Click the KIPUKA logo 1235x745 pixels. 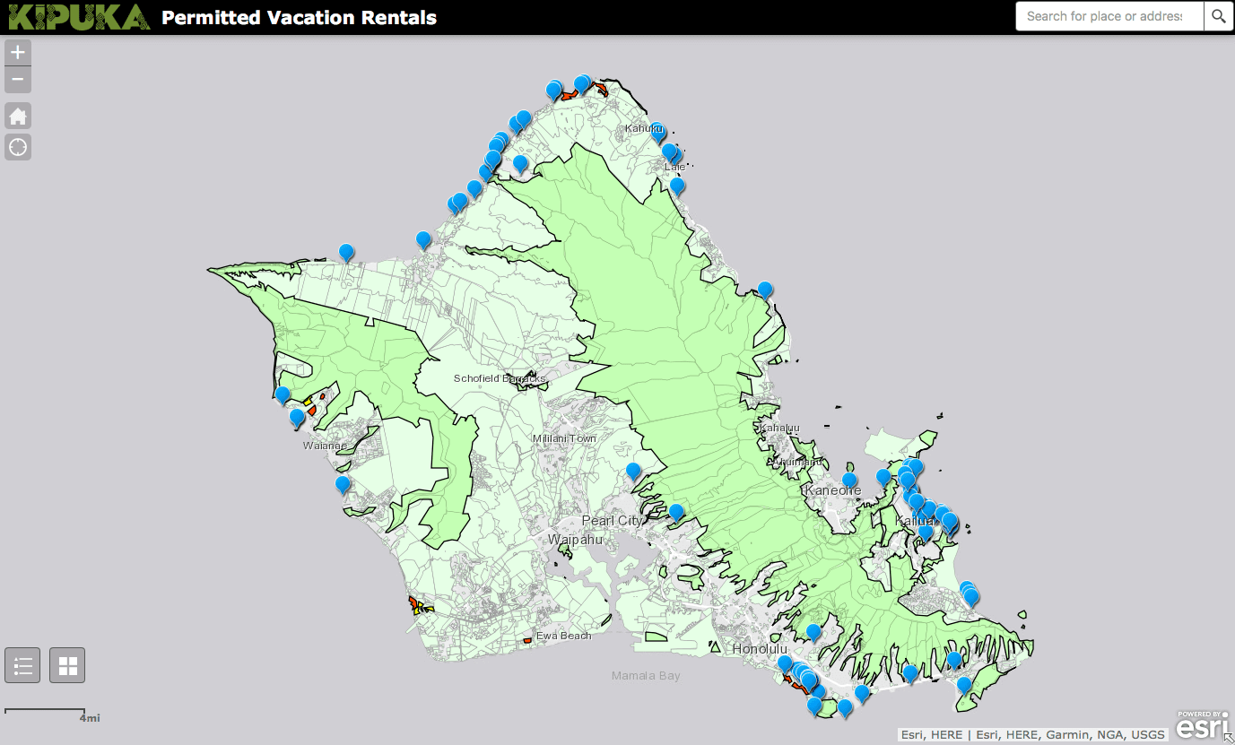(x=78, y=16)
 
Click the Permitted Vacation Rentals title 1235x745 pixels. (x=299, y=17)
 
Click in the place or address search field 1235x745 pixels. (x=1108, y=16)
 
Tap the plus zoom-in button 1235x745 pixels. (x=18, y=52)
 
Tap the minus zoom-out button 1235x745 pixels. (x=18, y=80)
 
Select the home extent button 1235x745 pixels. (x=18, y=116)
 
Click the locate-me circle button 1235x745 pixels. (x=18, y=147)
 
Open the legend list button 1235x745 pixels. (x=22, y=665)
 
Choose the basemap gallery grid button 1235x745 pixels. (x=67, y=665)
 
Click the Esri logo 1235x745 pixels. (x=1202, y=724)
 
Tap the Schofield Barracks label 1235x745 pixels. (x=499, y=378)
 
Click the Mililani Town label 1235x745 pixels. (x=564, y=438)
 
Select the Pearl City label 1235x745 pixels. (x=612, y=521)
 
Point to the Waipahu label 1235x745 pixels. (x=575, y=540)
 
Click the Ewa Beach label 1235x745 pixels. (x=563, y=636)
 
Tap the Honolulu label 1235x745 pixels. (x=759, y=648)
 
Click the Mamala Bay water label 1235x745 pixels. (x=645, y=676)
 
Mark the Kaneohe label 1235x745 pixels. (x=832, y=490)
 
